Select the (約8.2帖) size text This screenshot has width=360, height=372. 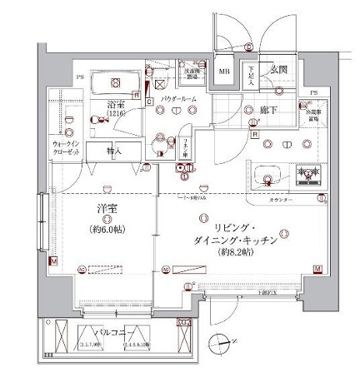click(x=230, y=250)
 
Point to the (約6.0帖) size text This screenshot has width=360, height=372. click(x=107, y=227)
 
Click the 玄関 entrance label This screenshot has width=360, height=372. click(x=277, y=72)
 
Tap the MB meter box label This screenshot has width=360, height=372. click(x=224, y=72)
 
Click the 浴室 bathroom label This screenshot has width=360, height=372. click(x=115, y=106)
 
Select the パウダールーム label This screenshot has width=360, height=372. click(x=179, y=98)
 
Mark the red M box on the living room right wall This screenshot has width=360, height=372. click(x=317, y=268)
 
